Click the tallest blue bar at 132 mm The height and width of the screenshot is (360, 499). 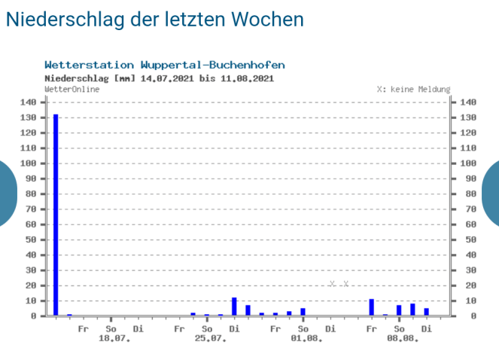pyautogui.click(x=56, y=215)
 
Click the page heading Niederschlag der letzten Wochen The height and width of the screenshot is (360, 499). pyautogui.click(x=155, y=19)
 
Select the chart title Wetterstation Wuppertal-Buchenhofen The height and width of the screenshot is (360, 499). pyautogui.click(x=165, y=66)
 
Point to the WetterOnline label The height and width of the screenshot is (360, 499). pyautogui.click(x=72, y=89)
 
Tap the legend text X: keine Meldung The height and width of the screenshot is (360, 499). pyautogui.click(x=413, y=89)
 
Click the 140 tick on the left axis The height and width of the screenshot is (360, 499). pyautogui.click(x=28, y=102)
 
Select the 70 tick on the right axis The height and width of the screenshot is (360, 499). pyautogui.click(x=468, y=209)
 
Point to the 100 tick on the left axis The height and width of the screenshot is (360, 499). pyautogui.click(x=28, y=163)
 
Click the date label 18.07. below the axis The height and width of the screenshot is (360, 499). pyautogui.click(x=114, y=339)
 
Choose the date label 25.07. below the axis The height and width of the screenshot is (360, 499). pyautogui.click(x=210, y=339)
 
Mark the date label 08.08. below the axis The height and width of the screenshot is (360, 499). pyautogui.click(x=403, y=339)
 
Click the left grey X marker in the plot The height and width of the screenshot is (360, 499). pyautogui.click(x=332, y=284)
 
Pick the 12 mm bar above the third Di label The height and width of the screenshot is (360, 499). pyautogui.click(x=234, y=307)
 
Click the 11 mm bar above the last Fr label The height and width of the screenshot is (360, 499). pyautogui.click(x=372, y=307)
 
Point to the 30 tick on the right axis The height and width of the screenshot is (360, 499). pyautogui.click(x=468, y=270)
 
